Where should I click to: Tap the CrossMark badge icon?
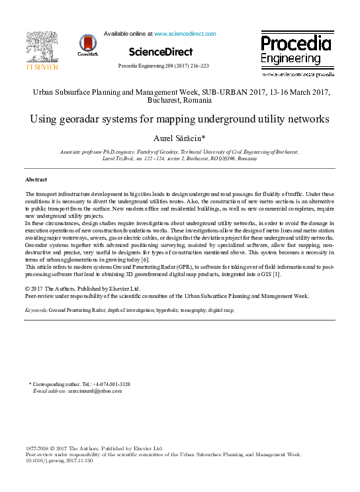tap(87, 45)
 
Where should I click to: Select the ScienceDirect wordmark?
tap(161, 52)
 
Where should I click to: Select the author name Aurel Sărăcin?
tap(179, 138)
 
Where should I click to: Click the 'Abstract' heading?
tap(36, 179)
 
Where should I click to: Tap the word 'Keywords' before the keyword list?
tap(36, 309)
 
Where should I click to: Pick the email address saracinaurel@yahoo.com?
tap(95, 391)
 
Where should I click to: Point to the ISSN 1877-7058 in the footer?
tap(37, 448)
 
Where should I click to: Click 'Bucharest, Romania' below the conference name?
tap(179, 103)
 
